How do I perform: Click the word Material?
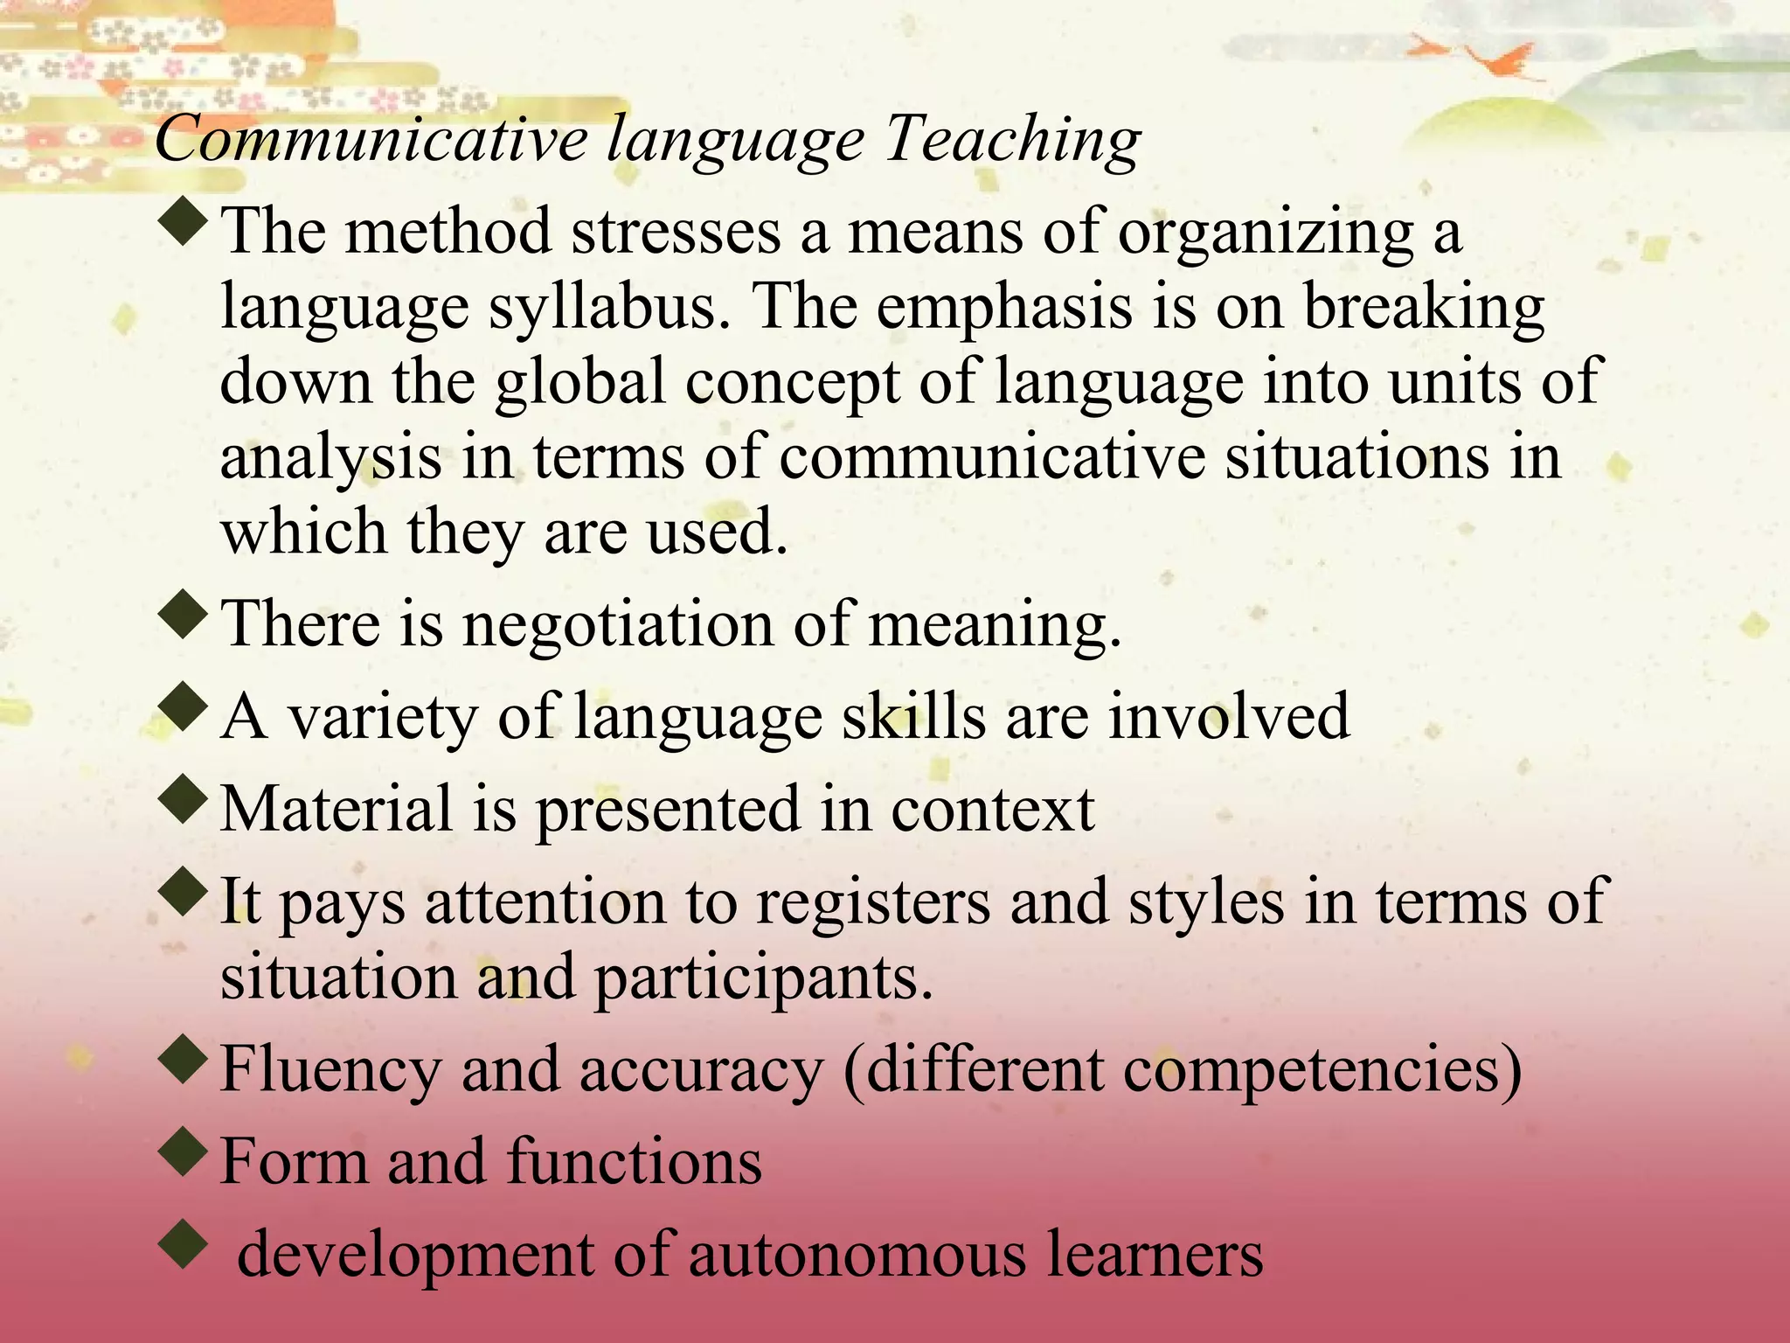[x=336, y=809]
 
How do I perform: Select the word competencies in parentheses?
[x=1311, y=1071]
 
